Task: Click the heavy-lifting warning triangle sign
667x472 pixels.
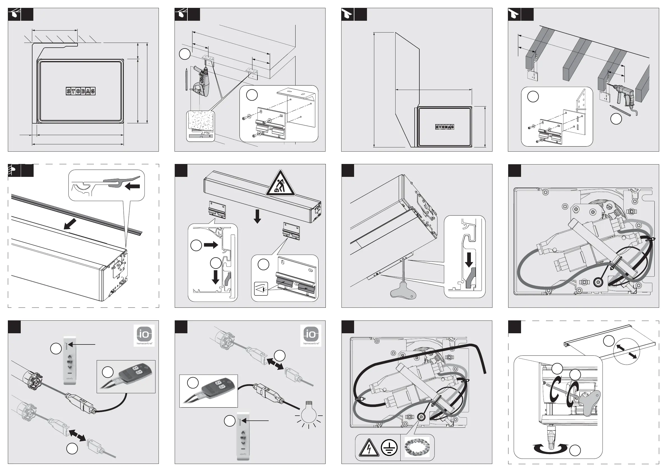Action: click(x=280, y=184)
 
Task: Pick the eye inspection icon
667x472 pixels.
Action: click(x=261, y=289)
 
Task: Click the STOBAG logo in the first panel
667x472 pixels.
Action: click(x=80, y=91)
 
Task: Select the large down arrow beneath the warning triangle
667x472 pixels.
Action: click(x=257, y=217)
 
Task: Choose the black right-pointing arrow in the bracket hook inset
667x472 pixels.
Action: click(x=211, y=245)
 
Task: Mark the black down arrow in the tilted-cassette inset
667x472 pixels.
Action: click(x=469, y=260)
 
